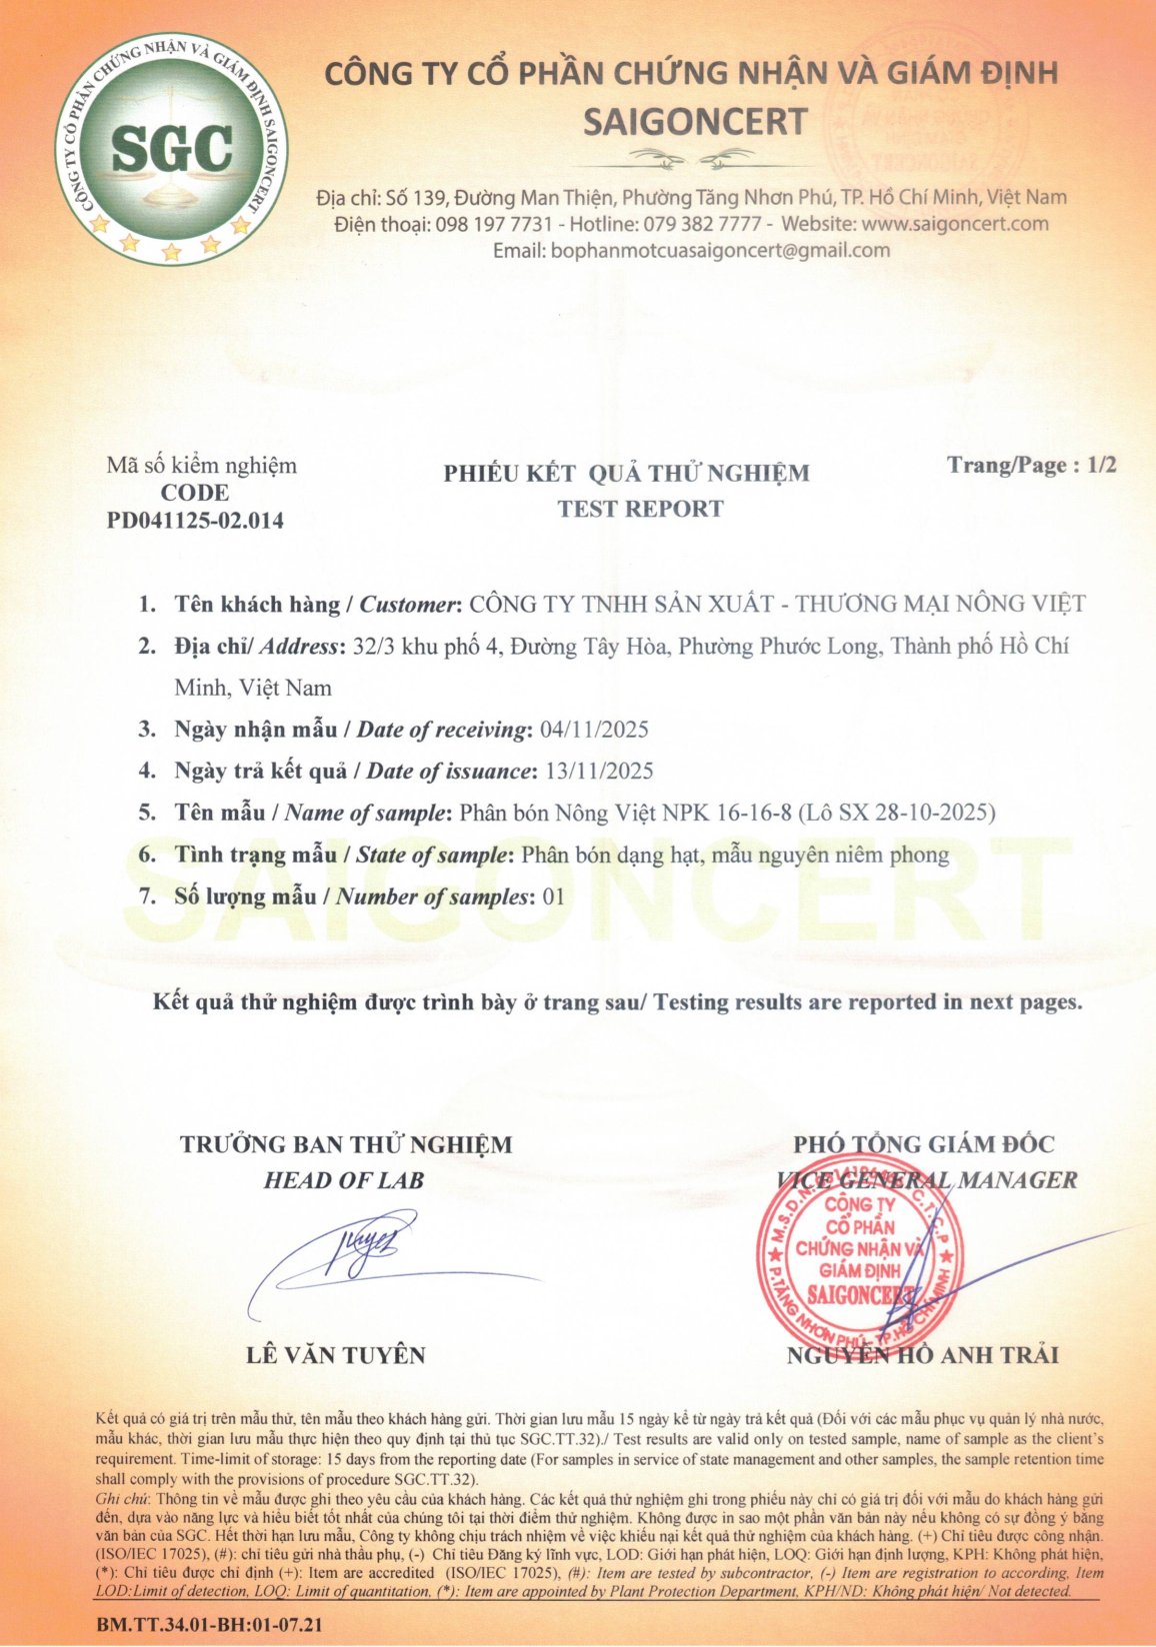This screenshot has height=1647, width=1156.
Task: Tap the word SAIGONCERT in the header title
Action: (695, 122)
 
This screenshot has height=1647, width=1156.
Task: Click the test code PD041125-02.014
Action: (195, 521)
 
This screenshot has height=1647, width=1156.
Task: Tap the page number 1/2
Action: (1101, 465)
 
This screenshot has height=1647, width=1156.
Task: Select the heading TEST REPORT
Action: (640, 509)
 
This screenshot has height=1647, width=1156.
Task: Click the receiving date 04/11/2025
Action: (594, 730)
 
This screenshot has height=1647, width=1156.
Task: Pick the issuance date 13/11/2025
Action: (599, 772)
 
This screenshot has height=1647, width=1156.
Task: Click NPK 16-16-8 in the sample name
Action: (728, 813)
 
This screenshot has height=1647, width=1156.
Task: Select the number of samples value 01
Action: (553, 896)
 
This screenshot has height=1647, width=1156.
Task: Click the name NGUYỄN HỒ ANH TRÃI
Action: (922, 1355)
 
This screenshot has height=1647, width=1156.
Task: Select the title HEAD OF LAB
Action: (344, 1180)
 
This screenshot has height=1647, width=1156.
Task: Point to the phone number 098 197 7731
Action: (494, 224)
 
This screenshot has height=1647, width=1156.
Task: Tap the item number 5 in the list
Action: (147, 813)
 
